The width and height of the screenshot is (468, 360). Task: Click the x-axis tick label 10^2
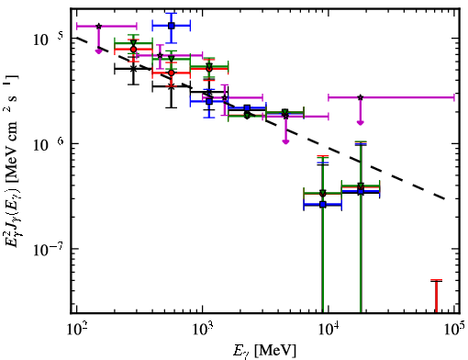click(76, 330)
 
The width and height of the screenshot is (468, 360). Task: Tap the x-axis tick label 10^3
click(203, 330)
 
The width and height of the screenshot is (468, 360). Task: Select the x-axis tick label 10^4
click(329, 330)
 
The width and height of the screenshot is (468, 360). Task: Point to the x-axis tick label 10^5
click(455, 330)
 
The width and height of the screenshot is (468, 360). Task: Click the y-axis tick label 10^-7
click(47, 250)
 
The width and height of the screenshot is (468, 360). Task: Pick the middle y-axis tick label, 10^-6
click(47, 144)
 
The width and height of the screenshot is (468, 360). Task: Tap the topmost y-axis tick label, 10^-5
click(47, 39)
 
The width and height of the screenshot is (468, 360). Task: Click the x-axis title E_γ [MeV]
click(264, 351)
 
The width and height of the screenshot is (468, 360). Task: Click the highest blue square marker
click(172, 26)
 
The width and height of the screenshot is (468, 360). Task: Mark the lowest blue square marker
click(323, 205)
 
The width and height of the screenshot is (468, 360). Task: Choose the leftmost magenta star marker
click(98, 27)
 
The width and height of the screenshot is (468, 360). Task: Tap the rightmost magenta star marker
click(361, 97)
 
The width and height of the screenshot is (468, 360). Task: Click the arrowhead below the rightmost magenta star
click(361, 123)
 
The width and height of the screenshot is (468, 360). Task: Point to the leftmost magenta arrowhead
click(98, 51)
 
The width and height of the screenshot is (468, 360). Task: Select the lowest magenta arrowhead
click(285, 141)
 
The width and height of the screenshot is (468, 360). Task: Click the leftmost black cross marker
click(133, 69)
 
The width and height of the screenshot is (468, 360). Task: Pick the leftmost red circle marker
click(133, 50)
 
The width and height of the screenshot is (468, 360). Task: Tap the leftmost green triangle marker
click(133, 43)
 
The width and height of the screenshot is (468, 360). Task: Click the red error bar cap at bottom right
click(437, 280)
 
